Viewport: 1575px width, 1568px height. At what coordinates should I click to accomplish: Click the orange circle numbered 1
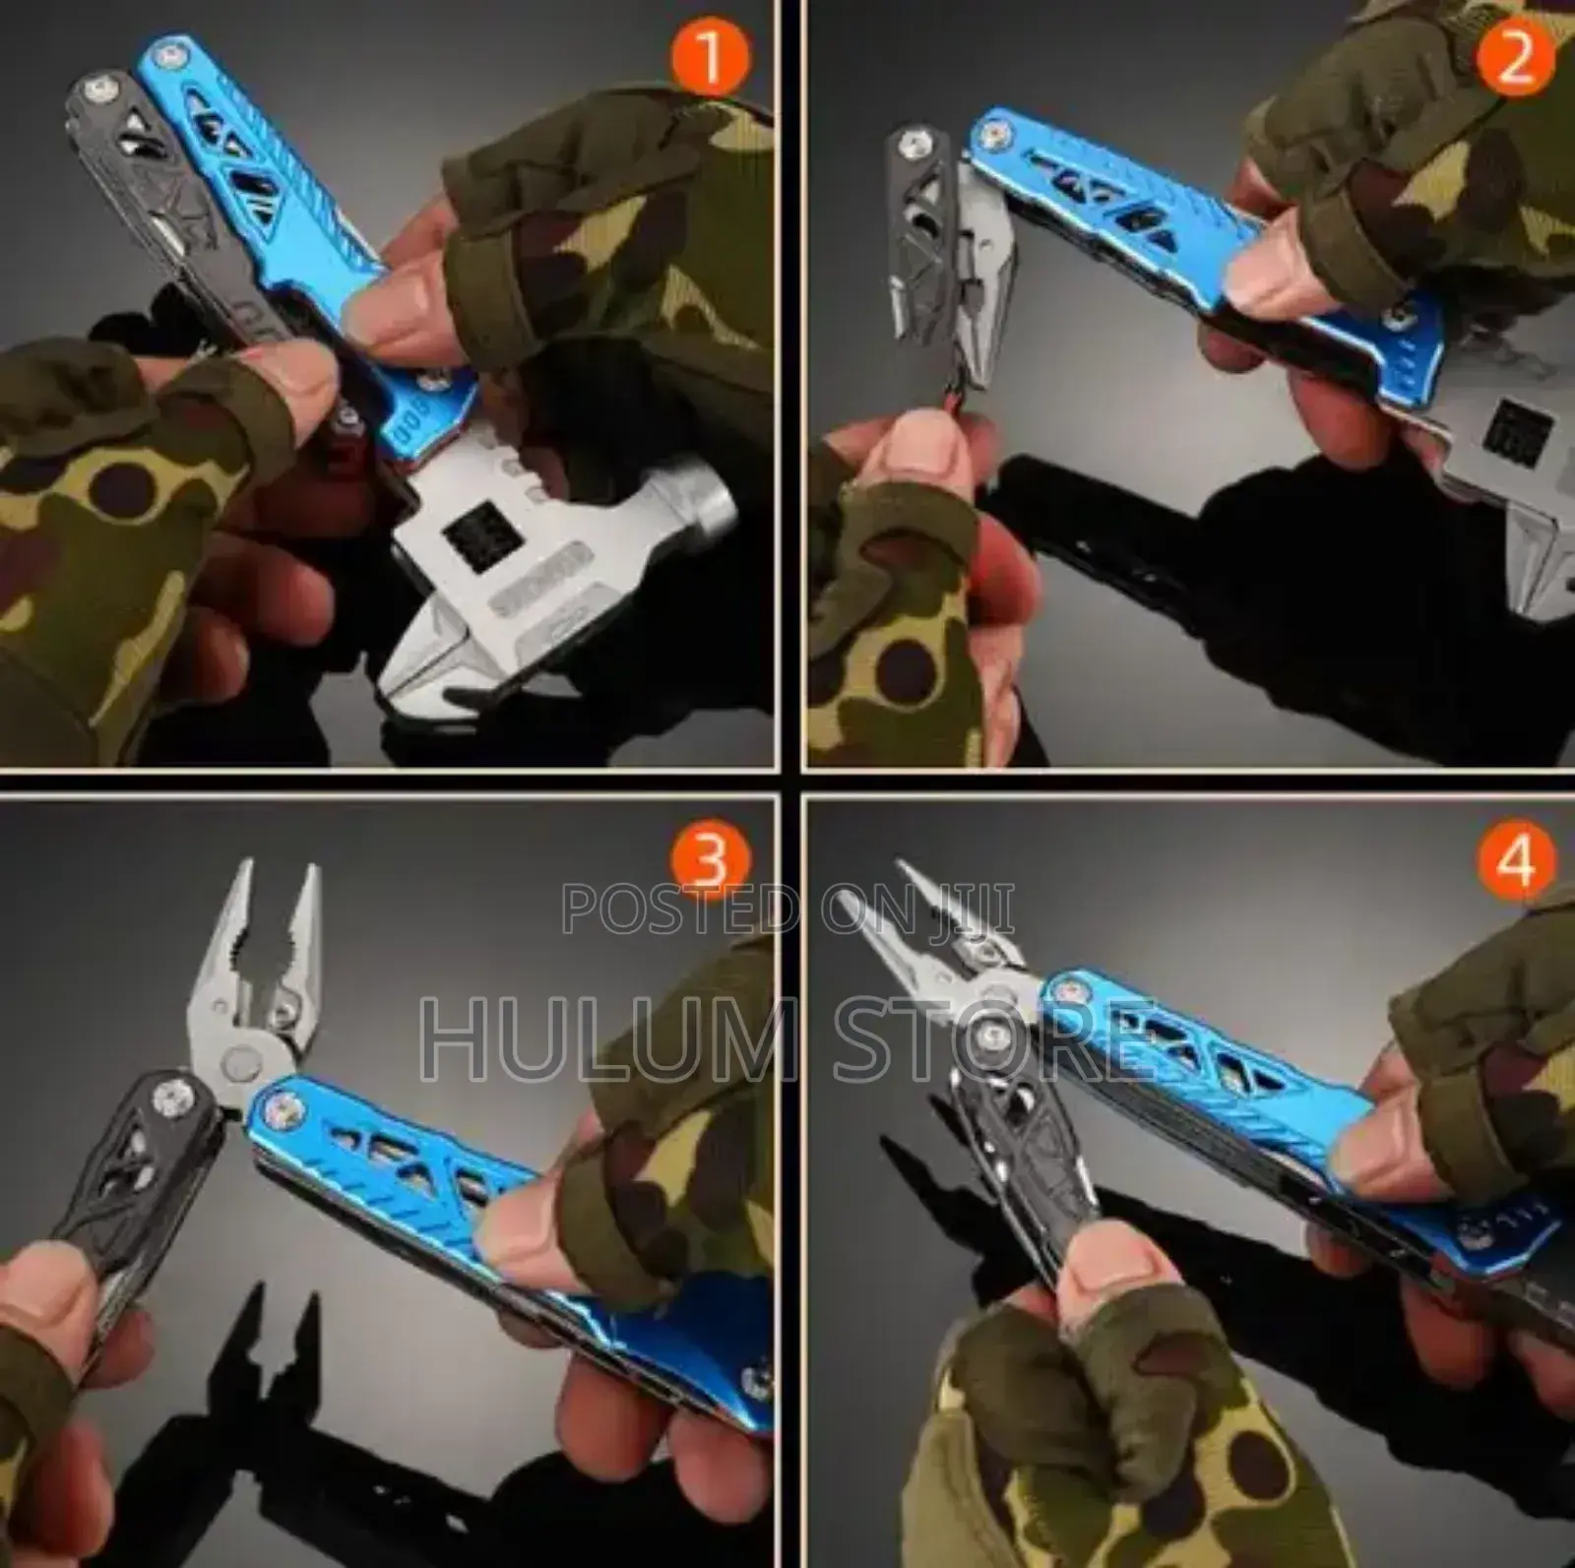[708, 57]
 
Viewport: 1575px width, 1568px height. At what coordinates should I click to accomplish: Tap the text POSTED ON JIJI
[787, 908]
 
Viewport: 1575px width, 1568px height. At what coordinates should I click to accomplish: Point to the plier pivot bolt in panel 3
[236, 1063]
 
